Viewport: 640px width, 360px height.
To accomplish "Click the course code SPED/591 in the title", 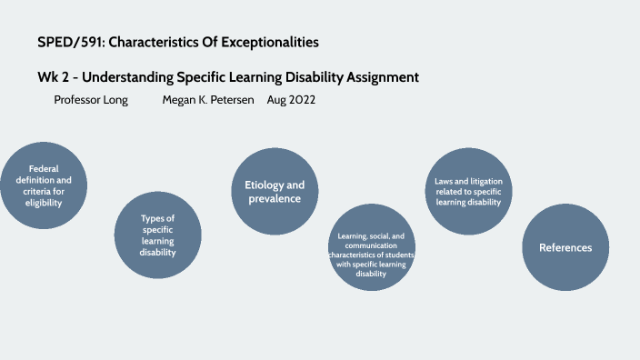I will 69,43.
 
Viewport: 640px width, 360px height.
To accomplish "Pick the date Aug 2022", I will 291,100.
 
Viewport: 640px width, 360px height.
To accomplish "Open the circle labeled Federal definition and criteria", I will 44,185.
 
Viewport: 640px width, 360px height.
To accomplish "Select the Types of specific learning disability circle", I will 157,235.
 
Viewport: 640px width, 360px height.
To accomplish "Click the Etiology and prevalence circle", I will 275,191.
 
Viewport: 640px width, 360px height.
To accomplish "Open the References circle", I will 565,247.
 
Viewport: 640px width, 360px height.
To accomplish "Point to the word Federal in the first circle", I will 44,168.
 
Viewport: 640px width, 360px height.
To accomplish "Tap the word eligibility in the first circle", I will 44,204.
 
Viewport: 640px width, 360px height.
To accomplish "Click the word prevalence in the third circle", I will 275,198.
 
